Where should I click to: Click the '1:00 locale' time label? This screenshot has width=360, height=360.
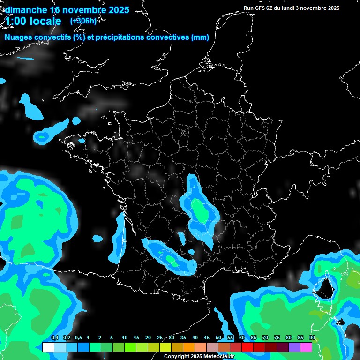pos(33,21)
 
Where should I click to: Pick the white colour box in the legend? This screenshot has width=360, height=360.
pos(48,347)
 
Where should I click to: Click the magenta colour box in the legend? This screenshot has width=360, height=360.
pos(306,347)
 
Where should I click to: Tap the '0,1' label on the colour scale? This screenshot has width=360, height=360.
pos(54,338)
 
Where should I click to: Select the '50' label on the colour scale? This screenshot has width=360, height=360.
pos(218,338)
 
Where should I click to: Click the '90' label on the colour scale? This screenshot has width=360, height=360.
pos(312,338)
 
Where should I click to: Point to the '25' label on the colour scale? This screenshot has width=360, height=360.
pos(160,338)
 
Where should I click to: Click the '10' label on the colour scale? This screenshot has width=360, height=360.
pos(125,338)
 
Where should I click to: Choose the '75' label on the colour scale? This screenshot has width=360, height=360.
pos(277,338)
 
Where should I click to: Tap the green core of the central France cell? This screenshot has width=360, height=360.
pos(200,210)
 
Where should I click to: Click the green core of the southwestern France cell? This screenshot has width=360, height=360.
pos(171,258)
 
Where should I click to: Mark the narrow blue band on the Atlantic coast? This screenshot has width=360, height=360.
pos(119,237)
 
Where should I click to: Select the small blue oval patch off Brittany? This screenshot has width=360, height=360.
pos(43,136)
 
